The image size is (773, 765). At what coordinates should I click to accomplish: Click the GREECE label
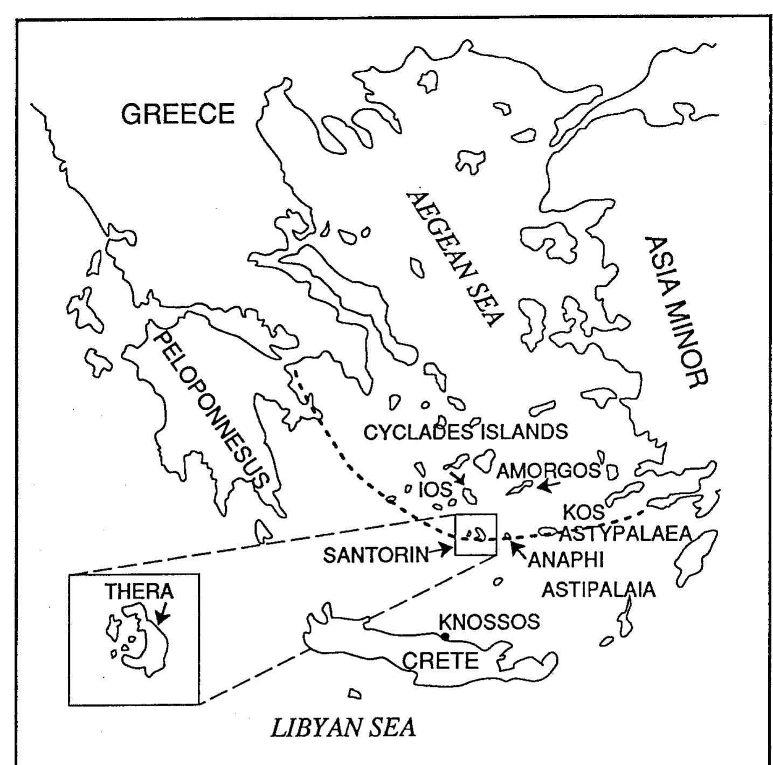coord(178,114)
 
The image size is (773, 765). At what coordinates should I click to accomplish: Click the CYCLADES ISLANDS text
coord(466,432)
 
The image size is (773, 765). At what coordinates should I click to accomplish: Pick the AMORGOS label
coord(548,471)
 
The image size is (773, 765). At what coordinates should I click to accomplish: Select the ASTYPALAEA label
coord(625,534)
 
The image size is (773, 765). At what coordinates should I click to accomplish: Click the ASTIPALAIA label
coord(598,589)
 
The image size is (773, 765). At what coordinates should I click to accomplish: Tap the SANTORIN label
coord(376,555)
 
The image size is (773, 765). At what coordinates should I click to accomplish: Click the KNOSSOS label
coord(489,622)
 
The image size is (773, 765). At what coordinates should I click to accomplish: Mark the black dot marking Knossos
coord(445,637)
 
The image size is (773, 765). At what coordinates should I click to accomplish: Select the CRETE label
coord(441,660)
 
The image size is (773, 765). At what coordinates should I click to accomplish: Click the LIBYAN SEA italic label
coord(343,728)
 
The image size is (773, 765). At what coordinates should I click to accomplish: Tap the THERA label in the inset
coord(139,591)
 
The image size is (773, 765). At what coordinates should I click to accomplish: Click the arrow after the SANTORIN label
coord(443,550)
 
